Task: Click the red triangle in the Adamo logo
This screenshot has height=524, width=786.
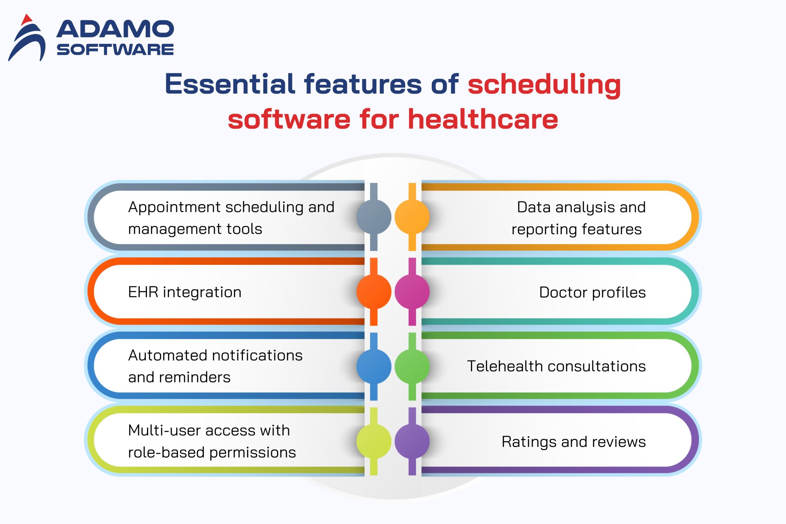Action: click(x=26, y=20)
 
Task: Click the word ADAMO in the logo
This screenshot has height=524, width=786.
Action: click(x=115, y=30)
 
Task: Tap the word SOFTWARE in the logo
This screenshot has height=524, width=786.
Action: click(x=115, y=49)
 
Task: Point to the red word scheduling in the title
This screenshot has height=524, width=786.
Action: click(x=544, y=85)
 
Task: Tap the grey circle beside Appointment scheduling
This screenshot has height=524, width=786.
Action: click(x=373, y=217)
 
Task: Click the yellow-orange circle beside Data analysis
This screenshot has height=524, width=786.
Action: click(x=412, y=217)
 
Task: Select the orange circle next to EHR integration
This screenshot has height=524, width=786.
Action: click(x=373, y=292)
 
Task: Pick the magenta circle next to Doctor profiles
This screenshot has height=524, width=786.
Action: click(x=412, y=292)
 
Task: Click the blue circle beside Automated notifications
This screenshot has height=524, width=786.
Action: click(x=373, y=366)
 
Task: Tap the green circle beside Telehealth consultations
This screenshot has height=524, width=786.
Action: click(x=412, y=366)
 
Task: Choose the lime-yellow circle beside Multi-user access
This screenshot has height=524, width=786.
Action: click(x=373, y=441)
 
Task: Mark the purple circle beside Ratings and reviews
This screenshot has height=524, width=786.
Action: click(x=412, y=441)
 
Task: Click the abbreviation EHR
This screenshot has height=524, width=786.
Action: click(x=143, y=292)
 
